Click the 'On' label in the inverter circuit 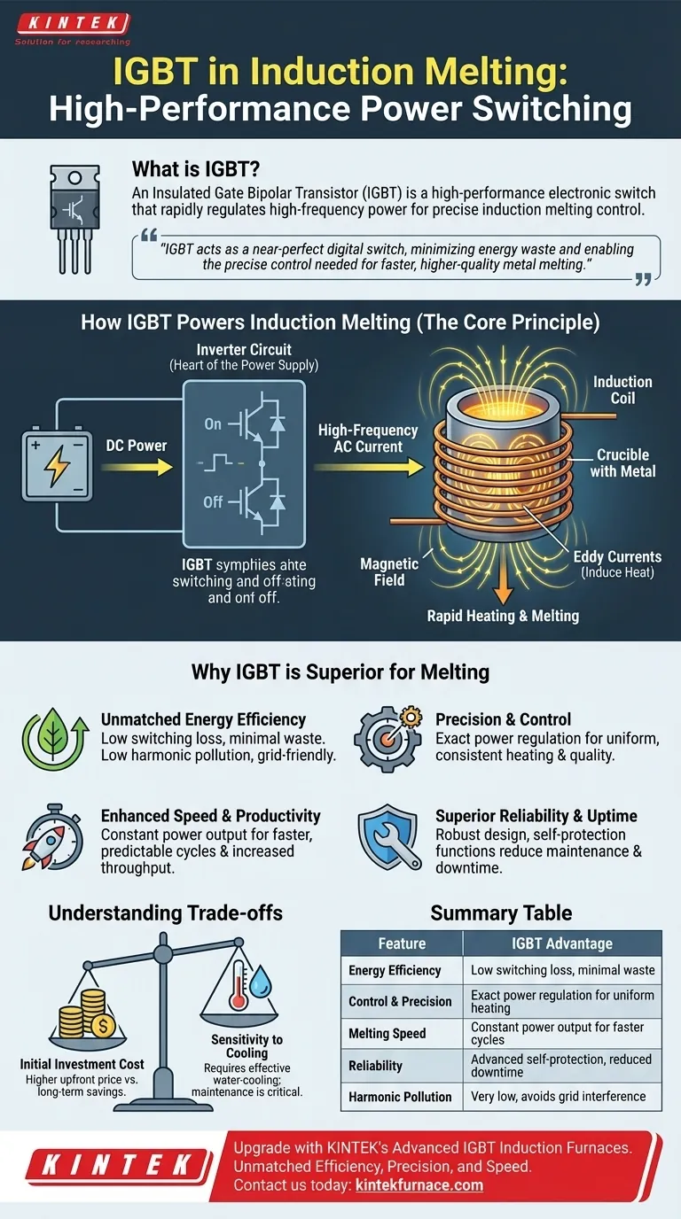pos(213,423)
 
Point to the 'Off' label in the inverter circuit pos(213,501)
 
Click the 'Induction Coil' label pos(622,390)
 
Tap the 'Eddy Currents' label pos(617,557)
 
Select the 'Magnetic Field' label pos(389,571)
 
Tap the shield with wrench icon pos(389,837)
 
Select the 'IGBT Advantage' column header pos(562,943)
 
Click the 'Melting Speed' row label pos(387,1034)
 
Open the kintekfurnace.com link pos(419,1185)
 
